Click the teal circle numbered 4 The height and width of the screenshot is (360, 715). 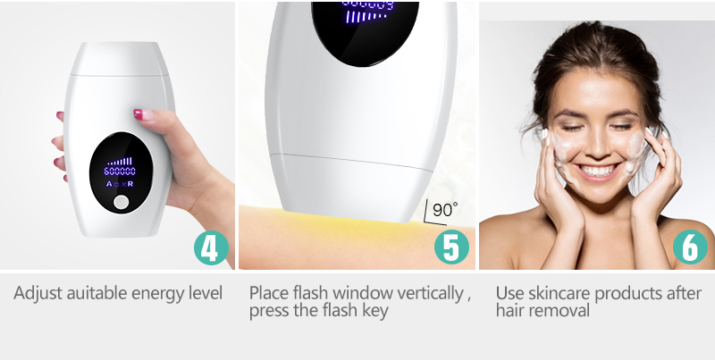coord(211,248)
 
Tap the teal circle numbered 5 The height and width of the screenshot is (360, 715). coord(451,247)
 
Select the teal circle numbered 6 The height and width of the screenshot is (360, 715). coord(690,247)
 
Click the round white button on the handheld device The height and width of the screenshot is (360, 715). coord(122,202)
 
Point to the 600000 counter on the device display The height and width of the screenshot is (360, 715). coord(120,172)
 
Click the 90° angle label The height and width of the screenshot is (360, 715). coord(444,210)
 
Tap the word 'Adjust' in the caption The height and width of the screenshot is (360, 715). coord(38,293)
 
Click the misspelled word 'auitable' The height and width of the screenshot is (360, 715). coord(97,293)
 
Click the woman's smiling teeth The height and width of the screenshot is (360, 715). coord(597,172)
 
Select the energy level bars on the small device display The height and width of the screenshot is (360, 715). coord(120,162)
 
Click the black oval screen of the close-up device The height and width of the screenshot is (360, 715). coord(365,33)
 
